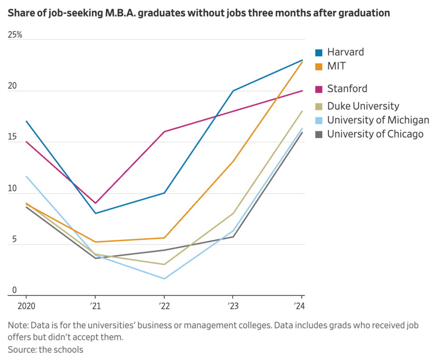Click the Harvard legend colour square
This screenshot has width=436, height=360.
click(x=319, y=52)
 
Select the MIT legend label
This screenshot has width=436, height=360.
click(x=336, y=66)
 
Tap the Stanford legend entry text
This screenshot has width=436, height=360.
click(x=347, y=88)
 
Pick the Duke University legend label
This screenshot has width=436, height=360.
click(x=363, y=106)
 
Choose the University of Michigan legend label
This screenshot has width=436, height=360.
click(x=378, y=120)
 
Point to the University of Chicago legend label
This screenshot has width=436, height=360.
click(x=375, y=134)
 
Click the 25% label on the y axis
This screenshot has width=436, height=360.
click(x=15, y=35)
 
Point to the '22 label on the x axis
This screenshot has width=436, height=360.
click(x=163, y=306)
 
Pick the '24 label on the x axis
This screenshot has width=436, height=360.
click(x=299, y=306)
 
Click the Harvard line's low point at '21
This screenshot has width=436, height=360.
click(x=95, y=213)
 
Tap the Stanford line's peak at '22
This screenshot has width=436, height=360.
click(x=163, y=132)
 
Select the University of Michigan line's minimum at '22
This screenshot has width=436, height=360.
click(x=164, y=278)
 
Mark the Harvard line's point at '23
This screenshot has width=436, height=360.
click(x=233, y=91)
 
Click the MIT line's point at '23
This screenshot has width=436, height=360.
click(x=233, y=161)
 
